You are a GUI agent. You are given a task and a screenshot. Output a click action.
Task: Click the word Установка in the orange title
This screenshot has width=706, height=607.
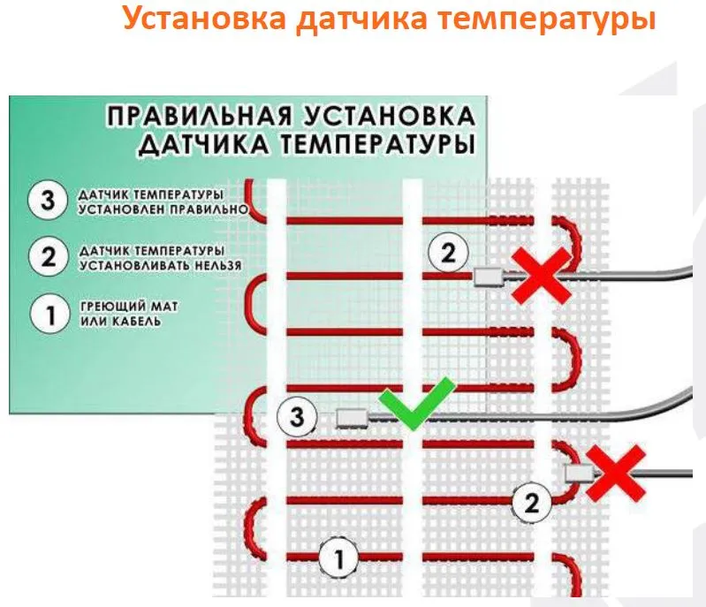204,19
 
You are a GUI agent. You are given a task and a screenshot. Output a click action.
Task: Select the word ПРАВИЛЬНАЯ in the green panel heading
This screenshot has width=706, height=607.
199,116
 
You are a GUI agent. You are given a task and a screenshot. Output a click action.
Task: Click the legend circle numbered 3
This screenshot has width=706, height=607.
48,200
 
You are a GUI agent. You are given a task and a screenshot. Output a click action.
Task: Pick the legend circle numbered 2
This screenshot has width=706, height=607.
49,257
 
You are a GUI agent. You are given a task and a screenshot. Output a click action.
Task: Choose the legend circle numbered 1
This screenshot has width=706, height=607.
49,314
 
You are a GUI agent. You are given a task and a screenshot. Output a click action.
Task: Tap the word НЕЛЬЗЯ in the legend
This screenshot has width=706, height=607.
218,266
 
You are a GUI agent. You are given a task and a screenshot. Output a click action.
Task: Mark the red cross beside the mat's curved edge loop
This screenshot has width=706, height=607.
616,474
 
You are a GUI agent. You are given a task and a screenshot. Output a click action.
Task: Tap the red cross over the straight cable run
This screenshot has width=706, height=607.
541,275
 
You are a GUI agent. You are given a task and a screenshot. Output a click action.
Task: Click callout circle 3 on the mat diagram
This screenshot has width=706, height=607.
297,416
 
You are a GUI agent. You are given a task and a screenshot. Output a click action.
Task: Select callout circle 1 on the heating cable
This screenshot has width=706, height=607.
338,558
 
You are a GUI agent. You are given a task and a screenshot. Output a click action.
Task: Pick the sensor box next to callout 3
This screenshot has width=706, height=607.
352,418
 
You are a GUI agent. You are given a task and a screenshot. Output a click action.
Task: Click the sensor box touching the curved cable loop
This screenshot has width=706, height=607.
580,474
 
